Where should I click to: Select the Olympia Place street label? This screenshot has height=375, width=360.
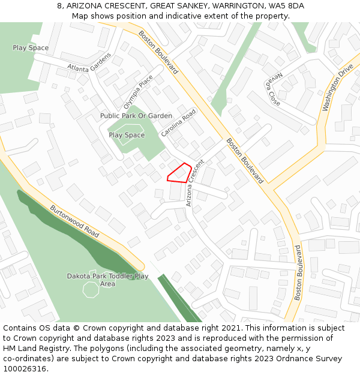tap(138, 90)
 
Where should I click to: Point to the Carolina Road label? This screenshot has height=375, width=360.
tap(179, 122)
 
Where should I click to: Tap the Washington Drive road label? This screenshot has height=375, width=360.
tap(338, 88)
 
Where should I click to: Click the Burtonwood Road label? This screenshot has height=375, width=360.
tap(74, 221)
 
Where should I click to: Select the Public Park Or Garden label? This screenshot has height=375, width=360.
tap(136, 116)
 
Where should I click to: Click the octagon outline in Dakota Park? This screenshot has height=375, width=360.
tap(91, 289)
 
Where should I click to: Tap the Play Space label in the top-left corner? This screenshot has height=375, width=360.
tap(31, 47)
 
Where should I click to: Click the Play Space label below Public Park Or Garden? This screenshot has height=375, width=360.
tap(127, 135)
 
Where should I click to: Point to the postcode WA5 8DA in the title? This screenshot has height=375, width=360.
tap(287, 5)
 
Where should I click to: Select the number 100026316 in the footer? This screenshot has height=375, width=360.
tap(25, 369)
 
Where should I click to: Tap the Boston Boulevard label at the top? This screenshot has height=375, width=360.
tap(158, 52)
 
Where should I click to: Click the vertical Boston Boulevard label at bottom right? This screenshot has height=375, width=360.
tap(298, 272)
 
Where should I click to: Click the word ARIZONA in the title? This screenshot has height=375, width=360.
tap(85, 5)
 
